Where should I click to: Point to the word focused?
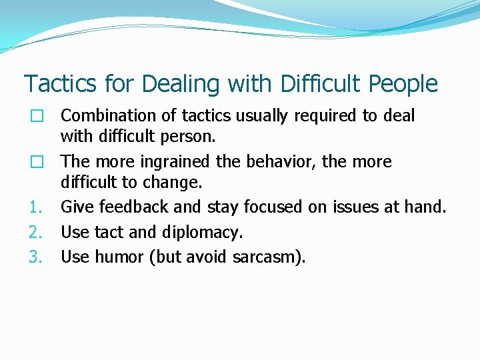273,207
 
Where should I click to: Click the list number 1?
35,208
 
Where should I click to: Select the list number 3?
35,257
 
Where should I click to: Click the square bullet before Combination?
37,117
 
